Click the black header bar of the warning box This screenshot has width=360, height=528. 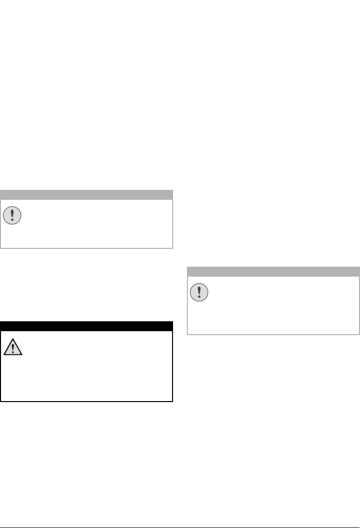pos(86,326)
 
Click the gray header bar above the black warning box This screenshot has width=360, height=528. pos(86,194)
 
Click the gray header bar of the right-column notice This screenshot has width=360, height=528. pos(273,271)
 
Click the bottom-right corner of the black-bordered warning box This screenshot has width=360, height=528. pos(172,401)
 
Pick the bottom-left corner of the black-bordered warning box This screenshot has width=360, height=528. pos(1,401)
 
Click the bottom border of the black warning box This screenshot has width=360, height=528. pos(86,401)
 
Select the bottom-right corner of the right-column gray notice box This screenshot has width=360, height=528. pos(359,334)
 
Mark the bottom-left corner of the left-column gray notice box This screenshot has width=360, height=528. pos(1,247)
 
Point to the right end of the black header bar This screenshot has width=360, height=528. pos(171,326)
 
